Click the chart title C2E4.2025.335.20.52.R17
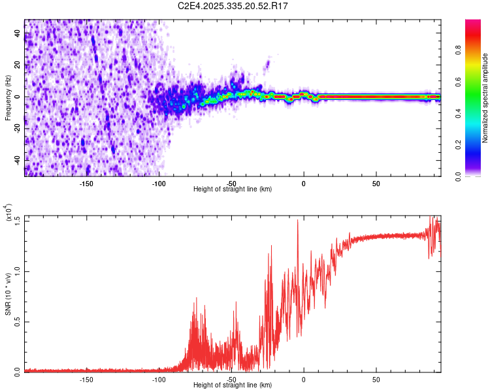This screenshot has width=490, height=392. pos(233,6)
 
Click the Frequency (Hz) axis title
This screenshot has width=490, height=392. pos(8,97)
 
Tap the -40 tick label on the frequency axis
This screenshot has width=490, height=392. pos(18,159)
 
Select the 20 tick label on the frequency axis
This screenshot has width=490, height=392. pos(18,65)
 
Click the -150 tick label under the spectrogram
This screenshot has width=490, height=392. pos(86,183)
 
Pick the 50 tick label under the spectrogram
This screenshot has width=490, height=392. pos(376,183)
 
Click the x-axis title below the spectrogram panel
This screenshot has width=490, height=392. pos(233,189)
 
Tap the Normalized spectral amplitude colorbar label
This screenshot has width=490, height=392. pos(485,98)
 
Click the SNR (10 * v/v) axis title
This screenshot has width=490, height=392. pos(8,293)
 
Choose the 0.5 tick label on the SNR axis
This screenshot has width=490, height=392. pos(18,321)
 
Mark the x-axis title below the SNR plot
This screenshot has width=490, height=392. pos(233,385)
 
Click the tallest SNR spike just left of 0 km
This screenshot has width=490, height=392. pos(298,221)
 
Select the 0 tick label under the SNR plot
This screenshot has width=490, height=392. pos(304,379)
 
